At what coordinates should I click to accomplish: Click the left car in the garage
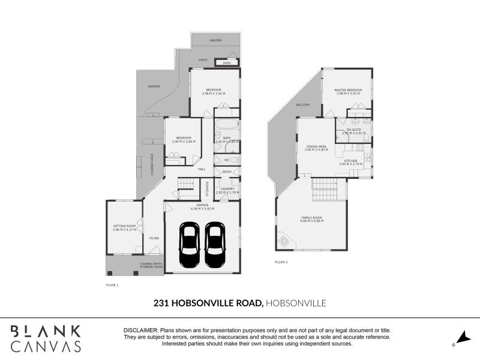tap(190, 246)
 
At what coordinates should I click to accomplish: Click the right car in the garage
tap(214, 246)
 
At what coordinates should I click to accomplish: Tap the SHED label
tap(227, 62)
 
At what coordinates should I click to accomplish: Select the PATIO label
tap(203, 60)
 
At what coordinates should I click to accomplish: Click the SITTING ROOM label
tap(125, 226)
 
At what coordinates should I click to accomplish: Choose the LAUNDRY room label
tap(227, 189)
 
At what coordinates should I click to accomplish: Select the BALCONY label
tap(302, 105)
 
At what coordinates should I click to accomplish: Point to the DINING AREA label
tap(316, 146)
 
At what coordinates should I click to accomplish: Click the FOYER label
tap(154, 238)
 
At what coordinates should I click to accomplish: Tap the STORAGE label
tap(208, 188)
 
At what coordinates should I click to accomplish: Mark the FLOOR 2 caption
tap(281, 262)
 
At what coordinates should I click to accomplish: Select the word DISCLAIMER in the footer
tap(141, 331)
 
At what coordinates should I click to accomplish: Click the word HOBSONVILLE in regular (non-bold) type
tap(296, 304)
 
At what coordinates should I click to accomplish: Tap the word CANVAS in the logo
tap(46, 346)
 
